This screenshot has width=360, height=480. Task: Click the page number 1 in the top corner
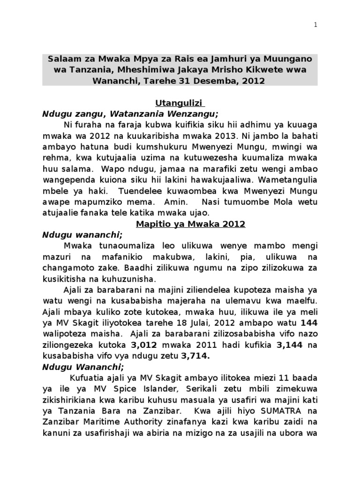pos(316,26)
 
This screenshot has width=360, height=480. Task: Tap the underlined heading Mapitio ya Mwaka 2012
pos(191,224)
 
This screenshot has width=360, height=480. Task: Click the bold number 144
pos(309,322)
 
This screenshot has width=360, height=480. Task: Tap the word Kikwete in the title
pos(269,69)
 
